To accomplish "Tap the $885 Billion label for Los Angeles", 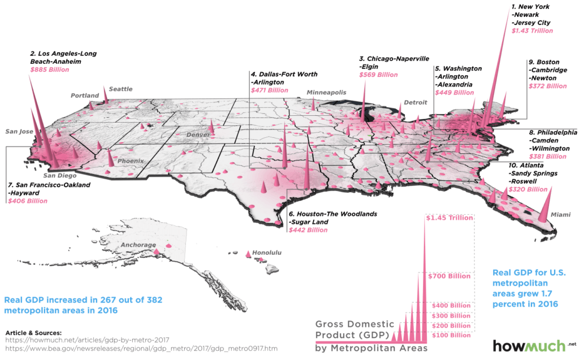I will [49, 70].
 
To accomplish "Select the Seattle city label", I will [120, 89].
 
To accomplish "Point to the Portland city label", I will [85, 96].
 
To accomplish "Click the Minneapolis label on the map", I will [326, 92].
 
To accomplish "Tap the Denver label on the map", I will [198, 136].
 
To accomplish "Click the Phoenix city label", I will [132, 161].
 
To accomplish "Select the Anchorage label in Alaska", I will [138, 245].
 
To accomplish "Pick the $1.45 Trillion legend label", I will [450, 218].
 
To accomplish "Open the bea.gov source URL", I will [141, 350].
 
